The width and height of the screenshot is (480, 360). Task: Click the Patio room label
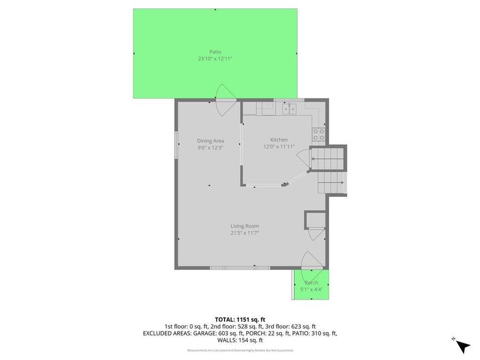(x=215, y=52)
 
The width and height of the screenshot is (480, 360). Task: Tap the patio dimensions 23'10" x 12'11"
(x=215, y=59)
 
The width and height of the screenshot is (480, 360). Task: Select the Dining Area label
(x=210, y=141)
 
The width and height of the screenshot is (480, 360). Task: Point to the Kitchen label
(x=278, y=140)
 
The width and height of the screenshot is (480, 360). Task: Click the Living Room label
(x=245, y=226)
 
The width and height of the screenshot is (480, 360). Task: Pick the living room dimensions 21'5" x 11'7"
(x=245, y=233)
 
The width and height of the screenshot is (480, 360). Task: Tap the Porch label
(x=311, y=283)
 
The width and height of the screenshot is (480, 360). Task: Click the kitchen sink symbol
(x=290, y=109)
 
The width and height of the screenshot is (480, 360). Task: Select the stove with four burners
(x=318, y=134)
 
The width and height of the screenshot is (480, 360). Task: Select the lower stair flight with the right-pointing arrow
(x=332, y=184)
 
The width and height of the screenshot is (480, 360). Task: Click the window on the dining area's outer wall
(x=176, y=144)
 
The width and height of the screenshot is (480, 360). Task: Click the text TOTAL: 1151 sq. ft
(x=240, y=319)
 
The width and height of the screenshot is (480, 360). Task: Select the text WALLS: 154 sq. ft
(x=240, y=340)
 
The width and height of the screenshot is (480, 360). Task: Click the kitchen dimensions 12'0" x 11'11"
(x=278, y=147)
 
